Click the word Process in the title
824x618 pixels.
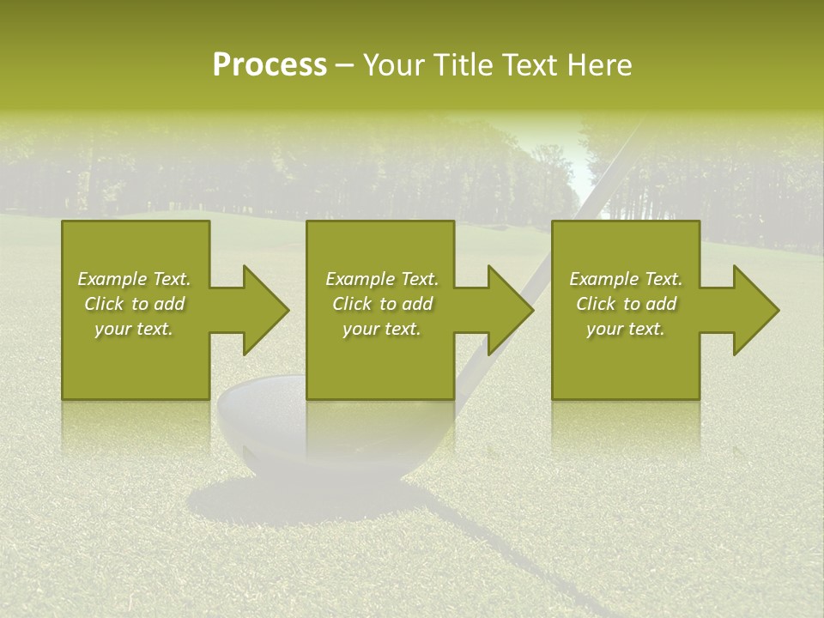tap(270, 65)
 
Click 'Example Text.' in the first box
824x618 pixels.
tap(134, 279)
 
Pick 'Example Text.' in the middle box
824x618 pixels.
tap(382, 279)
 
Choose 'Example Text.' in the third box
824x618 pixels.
tap(626, 279)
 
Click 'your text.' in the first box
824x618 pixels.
tap(134, 329)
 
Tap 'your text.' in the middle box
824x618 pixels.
tap(382, 329)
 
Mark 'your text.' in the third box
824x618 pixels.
tap(626, 329)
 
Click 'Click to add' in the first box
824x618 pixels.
tap(134, 304)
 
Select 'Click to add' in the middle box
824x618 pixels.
tap(382, 304)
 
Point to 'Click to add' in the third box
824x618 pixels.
tap(626, 304)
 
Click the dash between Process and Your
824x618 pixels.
tap(344, 66)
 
